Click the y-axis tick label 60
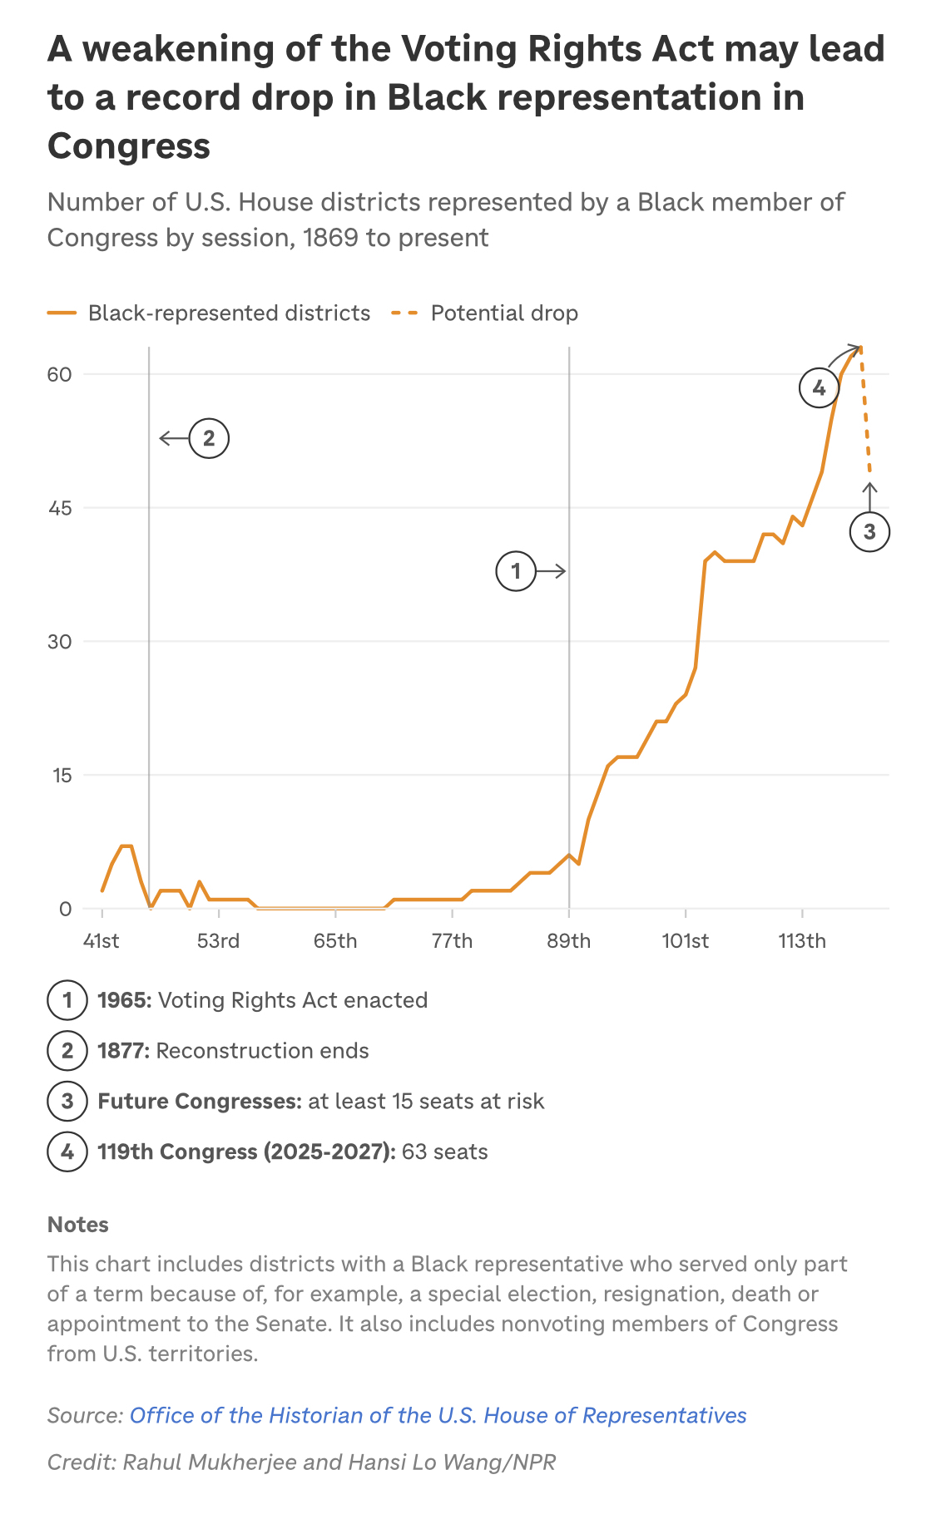(59, 374)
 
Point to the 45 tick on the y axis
(59, 508)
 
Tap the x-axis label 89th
(568, 941)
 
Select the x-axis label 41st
(102, 941)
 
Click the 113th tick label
(802, 941)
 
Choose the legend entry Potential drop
(503, 313)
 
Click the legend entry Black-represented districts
(229, 313)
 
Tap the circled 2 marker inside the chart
(209, 438)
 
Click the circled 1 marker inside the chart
(516, 571)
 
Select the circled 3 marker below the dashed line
(869, 532)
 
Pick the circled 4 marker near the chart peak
(819, 387)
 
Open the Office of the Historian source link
(438, 1416)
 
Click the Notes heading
(78, 1225)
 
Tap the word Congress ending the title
(129, 146)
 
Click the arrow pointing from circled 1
(552, 571)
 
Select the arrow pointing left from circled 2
(173, 438)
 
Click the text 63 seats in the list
(444, 1152)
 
